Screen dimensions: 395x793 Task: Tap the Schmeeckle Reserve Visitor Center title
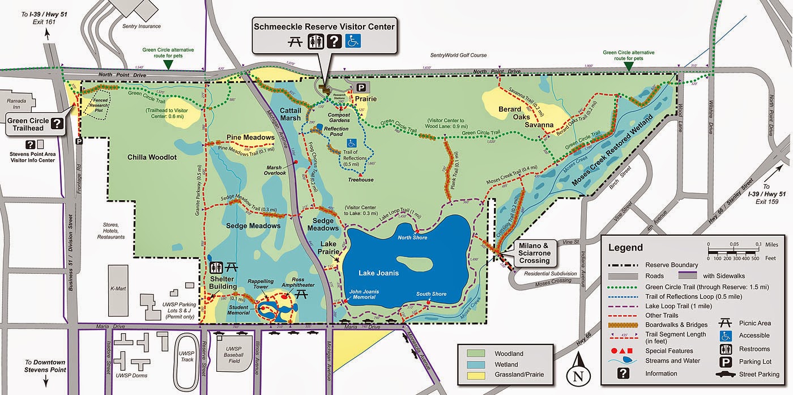[324, 26]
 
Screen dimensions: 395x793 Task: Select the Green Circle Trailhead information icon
[57, 123]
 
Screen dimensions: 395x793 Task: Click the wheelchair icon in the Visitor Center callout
[354, 42]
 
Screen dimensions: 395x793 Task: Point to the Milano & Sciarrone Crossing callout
[534, 253]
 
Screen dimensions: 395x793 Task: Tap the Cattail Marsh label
[289, 114]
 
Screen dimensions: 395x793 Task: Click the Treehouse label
[360, 180]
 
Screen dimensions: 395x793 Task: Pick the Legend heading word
[625, 247]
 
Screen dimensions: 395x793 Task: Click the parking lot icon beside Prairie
[361, 87]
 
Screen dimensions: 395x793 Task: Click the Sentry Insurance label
[142, 26]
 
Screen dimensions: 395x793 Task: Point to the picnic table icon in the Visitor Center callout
[295, 42]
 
